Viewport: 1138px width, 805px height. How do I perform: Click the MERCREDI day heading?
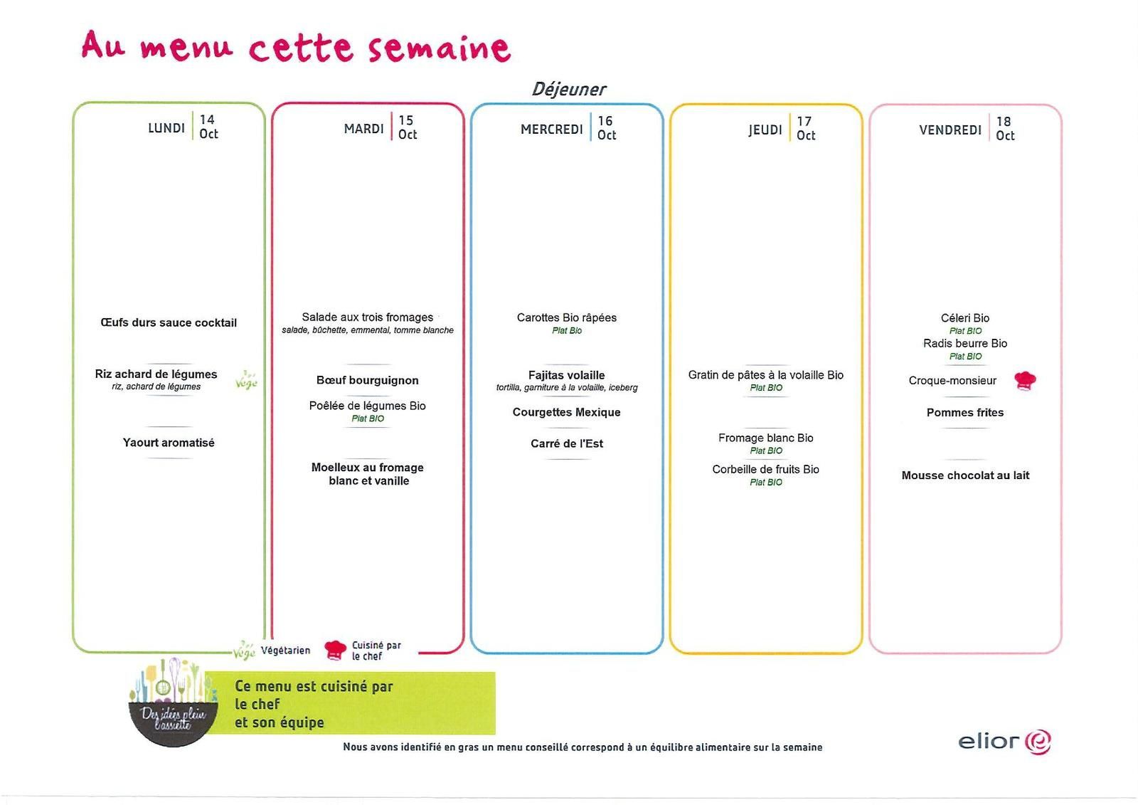(x=551, y=129)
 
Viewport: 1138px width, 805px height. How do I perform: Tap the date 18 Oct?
(x=1004, y=129)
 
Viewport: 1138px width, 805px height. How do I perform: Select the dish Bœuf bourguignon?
(x=367, y=380)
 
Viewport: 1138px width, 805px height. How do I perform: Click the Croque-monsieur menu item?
(x=952, y=380)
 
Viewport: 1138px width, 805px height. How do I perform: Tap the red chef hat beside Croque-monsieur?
(x=1025, y=380)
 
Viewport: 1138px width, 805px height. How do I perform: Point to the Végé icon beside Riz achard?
(x=246, y=380)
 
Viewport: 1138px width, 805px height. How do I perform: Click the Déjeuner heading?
(x=568, y=90)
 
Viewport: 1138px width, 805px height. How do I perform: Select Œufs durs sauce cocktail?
(x=169, y=322)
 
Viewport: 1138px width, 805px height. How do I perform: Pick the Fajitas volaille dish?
(x=566, y=375)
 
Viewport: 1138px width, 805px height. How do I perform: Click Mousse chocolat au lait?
(x=965, y=475)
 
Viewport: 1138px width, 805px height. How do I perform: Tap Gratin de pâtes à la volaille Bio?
(x=765, y=375)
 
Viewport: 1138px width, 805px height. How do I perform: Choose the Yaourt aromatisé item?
(x=169, y=443)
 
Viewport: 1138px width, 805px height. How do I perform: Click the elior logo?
(x=1004, y=742)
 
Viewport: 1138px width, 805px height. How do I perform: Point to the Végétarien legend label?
(x=285, y=651)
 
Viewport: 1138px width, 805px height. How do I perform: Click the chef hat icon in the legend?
(x=335, y=650)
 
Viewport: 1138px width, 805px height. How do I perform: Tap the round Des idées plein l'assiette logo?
(x=174, y=703)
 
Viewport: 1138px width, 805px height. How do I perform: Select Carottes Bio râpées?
(x=566, y=318)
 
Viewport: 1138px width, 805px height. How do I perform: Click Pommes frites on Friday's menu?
(x=965, y=412)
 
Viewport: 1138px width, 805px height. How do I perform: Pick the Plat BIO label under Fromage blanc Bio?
(x=766, y=451)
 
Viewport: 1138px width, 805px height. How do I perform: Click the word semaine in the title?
(x=439, y=48)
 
